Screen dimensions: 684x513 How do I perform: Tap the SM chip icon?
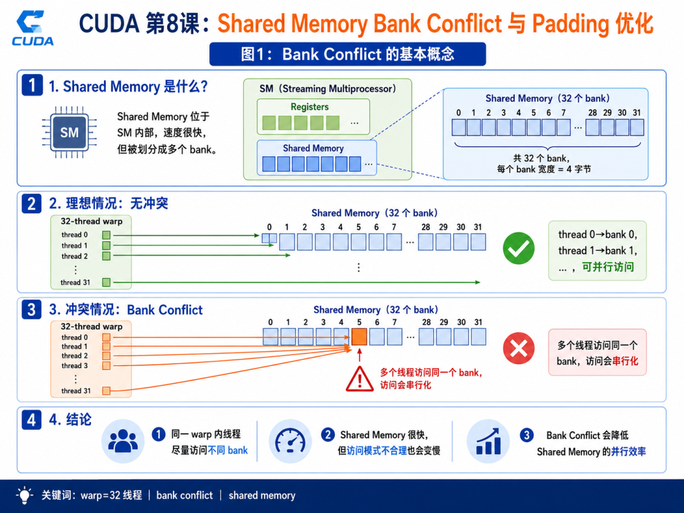pos(70,132)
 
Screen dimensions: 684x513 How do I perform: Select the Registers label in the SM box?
pos(310,107)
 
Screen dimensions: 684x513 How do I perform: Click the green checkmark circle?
pos(519,248)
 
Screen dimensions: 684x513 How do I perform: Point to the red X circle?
pos(519,348)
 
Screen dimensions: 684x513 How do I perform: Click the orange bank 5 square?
pos(359,337)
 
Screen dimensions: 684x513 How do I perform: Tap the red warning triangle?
pos(360,379)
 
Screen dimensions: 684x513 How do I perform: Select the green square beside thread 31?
pos(106,282)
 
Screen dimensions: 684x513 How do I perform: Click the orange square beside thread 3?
pos(106,365)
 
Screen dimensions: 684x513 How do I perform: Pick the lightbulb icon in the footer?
pos(25,495)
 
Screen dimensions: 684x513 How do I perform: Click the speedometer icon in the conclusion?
pos(290,442)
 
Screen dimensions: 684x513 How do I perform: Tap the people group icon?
pos(123,441)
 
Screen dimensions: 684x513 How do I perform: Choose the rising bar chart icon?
pos(488,441)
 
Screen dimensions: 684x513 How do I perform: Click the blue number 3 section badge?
pos(32,309)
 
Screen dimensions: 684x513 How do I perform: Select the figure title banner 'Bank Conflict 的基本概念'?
pos(348,54)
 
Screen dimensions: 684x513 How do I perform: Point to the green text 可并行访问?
pos(608,267)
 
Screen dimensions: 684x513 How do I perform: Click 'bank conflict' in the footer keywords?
pos(184,495)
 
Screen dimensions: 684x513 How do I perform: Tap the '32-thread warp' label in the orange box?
pos(92,326)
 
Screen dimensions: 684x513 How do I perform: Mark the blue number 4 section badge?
pos(32,420)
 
